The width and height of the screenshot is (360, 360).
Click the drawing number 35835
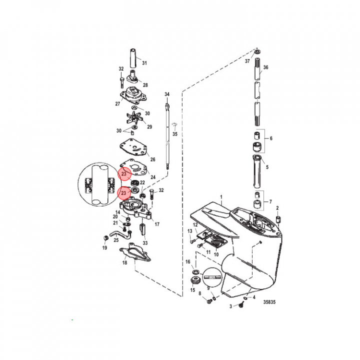[x=269, y=302]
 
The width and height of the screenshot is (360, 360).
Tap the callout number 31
[x=144, y=63]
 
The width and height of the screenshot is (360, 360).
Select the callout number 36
[x=265, y=67]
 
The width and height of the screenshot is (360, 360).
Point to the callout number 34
[x=167, y=94]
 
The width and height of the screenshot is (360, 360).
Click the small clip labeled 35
[x=175, y=125]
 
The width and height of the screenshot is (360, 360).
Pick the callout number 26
[x=152, y=159]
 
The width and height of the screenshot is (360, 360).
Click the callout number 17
[x=157, y=224]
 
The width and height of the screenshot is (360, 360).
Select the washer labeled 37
[x=257, y=51]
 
